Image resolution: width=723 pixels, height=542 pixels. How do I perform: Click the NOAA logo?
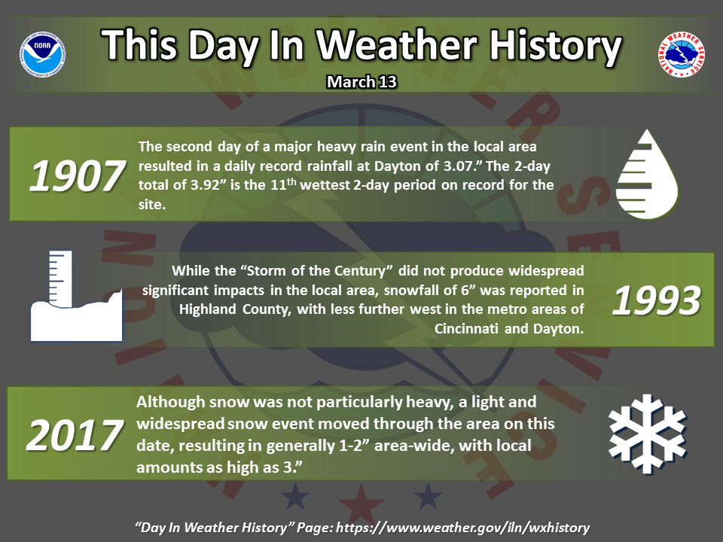(x=42, y=54)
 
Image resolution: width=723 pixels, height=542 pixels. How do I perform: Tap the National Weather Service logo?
(x=681, y=54)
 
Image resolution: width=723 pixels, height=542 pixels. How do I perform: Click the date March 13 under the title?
(x=361, y=81)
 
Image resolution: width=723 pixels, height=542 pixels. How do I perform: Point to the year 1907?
(x=77, y=175)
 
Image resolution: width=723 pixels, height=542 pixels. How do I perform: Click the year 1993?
(x=657, y=300)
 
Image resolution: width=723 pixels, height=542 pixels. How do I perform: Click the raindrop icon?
(x=647, y=174)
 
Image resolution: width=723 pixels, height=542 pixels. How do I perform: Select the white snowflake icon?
(x=648, y=434)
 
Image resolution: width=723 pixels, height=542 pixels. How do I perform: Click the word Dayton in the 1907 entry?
(x=406, y=166)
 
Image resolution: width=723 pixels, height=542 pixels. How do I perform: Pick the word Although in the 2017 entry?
(x=171, y=402)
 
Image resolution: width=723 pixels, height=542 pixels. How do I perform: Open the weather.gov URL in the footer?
(x=463, y=528)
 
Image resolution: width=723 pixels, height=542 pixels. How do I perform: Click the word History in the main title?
(x=555, y=46)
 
